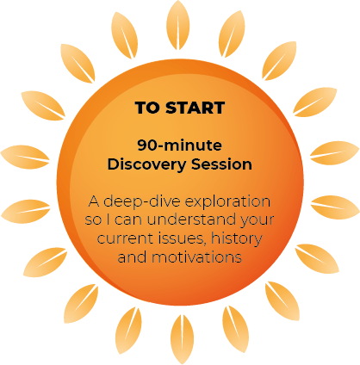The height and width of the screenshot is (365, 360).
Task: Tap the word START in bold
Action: [196, 108]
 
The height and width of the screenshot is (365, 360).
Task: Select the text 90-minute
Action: [180, 145]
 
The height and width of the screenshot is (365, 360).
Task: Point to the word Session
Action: [221, 164]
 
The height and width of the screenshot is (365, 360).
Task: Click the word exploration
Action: [227, 201]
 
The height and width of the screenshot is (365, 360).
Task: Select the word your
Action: [257, 221]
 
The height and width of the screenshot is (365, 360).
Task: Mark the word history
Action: [237, 239]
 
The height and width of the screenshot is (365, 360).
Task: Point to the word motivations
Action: [196, 257]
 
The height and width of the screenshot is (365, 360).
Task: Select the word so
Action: [93, 220]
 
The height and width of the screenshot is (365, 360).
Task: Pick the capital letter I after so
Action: [109, 220]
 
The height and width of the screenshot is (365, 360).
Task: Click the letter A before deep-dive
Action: [94, 201]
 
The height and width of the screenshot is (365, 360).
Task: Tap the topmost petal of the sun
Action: [178, 25]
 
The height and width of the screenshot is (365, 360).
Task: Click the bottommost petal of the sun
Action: [182, 340]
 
